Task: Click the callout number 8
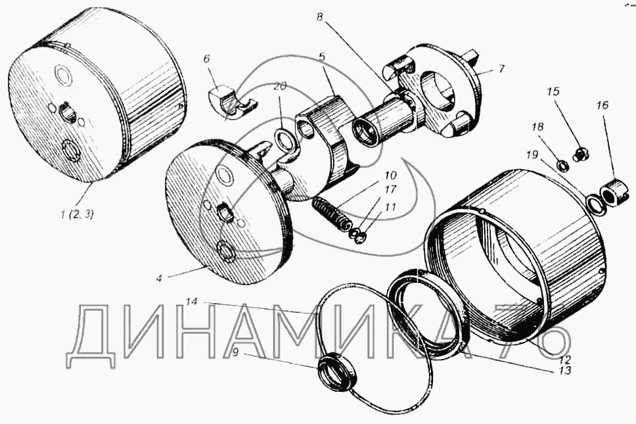point(320,18)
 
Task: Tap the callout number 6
point(206,59)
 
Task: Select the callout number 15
point(553,91)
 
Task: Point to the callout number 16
point(602,105)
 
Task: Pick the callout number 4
point(160,279)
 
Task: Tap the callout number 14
point(193,302)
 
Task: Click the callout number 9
point(235,352)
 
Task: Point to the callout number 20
point(279,86)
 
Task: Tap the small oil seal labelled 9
point(338,371)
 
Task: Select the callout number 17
point(390,189)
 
